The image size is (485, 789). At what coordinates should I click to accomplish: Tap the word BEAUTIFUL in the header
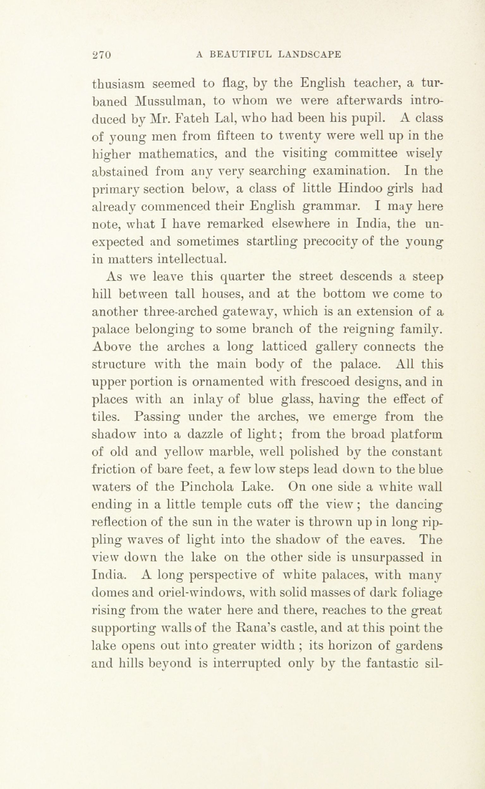(240, 55)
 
